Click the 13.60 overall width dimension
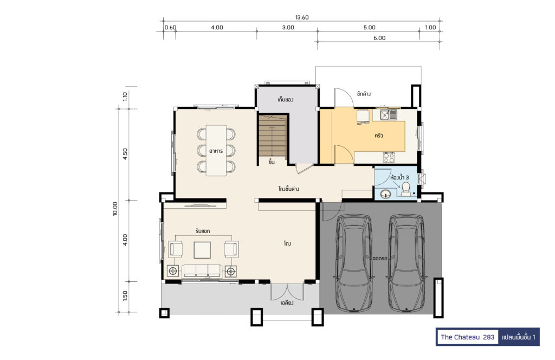[x=302, y=17]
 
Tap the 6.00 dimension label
[x=379, y=38]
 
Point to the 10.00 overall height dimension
[x=115, y=209]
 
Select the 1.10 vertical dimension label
[x=125, y=97]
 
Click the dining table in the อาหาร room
[x=216, y=150]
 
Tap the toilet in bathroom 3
[x=406, y=189]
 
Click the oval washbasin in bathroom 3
[x=385, y=194]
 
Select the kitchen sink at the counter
[x=389, y=115]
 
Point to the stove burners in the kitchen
[x=389, y=157]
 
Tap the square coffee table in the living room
[x=202, y=250]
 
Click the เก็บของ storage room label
[x=285, y=100]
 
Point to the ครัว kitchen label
[x=379, y=136]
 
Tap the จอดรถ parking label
[x=380, y=259]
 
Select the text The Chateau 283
[x=467, y=337]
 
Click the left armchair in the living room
[x=176, y=249]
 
